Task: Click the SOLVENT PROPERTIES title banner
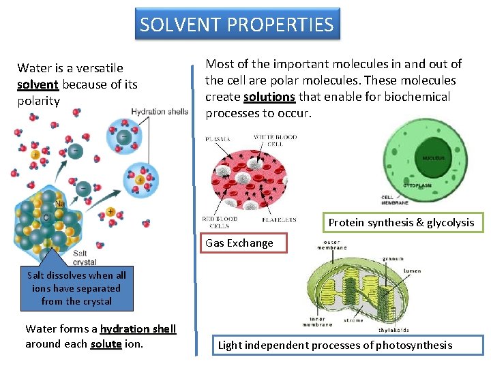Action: pos(237,25)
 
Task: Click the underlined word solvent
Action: pos(37,85)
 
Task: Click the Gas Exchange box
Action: pos(239,243)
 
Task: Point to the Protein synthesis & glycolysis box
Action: pos(401,223)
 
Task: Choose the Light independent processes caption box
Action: pos(335,345)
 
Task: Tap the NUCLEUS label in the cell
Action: pos(433,158)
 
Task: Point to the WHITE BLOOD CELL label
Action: pos(275,141)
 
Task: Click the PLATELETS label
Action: pos(279,220)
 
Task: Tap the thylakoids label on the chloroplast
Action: pos(394,329)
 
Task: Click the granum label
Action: pos(393,259)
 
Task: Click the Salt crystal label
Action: pos(85,258)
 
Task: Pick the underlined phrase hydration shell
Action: pos(138,328)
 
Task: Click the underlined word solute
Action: pos(106,343)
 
